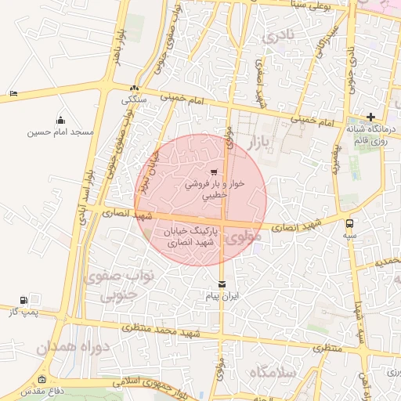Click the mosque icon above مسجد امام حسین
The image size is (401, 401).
(x=60, y=120)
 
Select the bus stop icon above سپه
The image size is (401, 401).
(x=349, y=222)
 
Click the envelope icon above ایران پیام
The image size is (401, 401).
(x=222, y=284)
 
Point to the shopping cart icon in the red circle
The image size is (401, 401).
(x=213, y=172)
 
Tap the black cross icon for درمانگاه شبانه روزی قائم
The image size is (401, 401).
(x=371, y=116)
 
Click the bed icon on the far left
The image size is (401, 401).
(x=13, y=94)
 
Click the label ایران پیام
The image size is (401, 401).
(x=222, y=297)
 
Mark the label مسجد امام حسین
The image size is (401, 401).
(x=60, y=132)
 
